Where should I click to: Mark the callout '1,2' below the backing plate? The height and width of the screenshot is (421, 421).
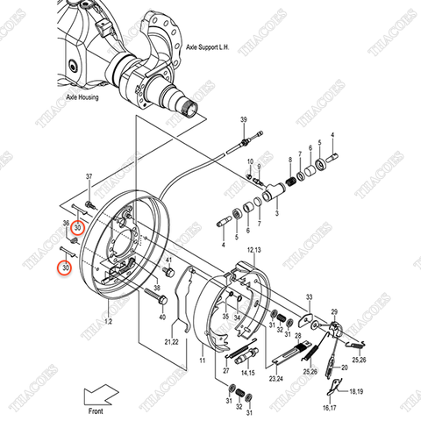pos(110,322)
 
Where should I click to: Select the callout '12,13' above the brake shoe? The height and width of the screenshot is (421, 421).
pos(253,252)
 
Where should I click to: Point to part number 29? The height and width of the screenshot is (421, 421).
pos(334,311)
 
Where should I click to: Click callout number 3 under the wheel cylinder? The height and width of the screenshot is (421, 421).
pos(276,211)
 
